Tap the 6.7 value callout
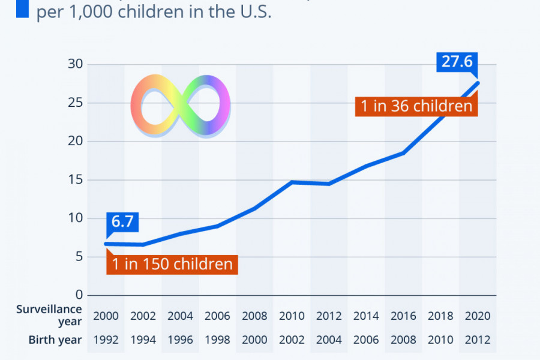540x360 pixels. [122, 221]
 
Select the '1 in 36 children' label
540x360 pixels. [416, 106]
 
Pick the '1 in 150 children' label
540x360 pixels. [172, 264]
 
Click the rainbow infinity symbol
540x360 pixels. [181, 106]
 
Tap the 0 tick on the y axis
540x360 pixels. [77, 295]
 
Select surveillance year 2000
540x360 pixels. [106, 316]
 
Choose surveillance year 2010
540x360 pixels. [292, 316]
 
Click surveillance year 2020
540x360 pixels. [478, 316]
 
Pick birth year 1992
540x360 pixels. [106, 340]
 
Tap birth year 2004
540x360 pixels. [329, 340]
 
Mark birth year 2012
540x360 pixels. [478, 340]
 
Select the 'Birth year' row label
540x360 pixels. [55, 340]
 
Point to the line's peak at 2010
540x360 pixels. [292, 182]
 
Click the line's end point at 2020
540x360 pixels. [478, 83]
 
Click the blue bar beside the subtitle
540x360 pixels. [23, 9]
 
